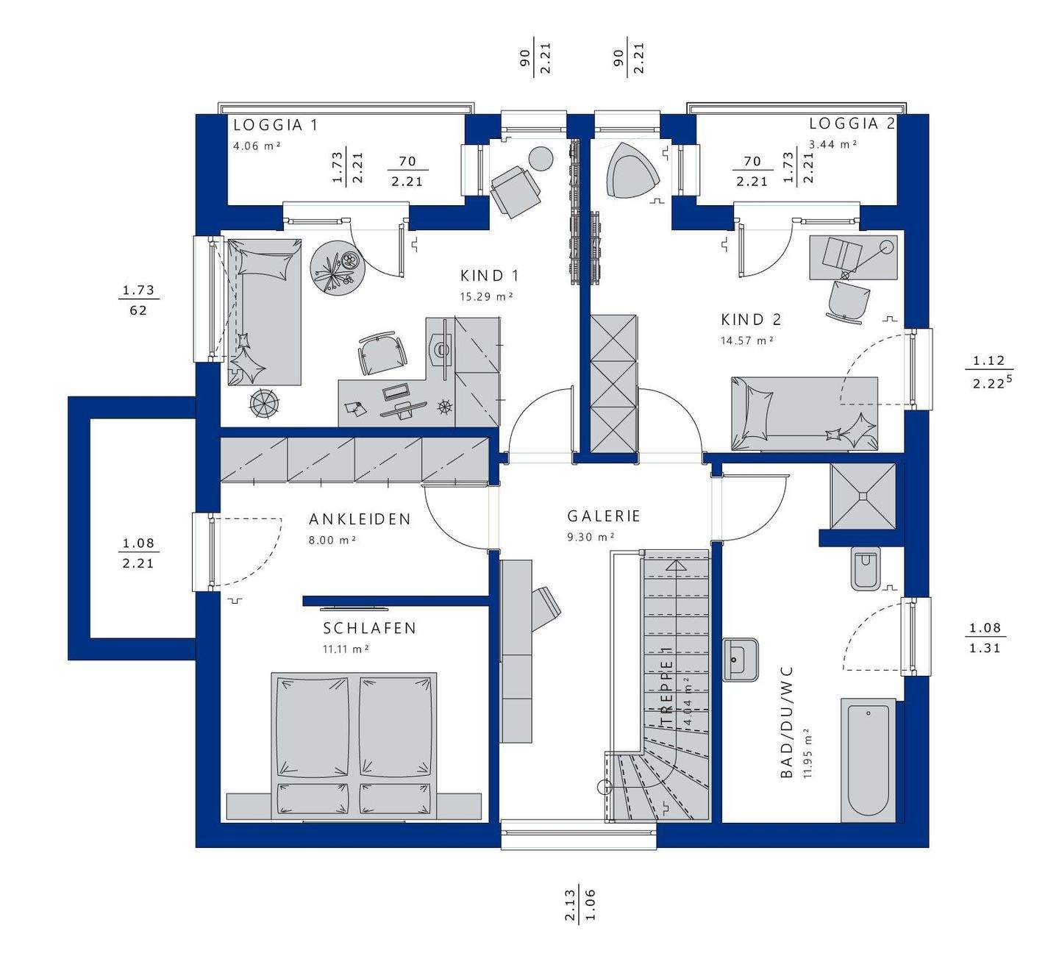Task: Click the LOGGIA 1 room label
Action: point(276,125)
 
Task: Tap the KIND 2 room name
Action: point(751,320)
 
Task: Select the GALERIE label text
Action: point(604,516)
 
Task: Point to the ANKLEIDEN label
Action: point(360,519)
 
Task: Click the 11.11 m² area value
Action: point(346,649)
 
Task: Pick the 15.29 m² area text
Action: point(487,296)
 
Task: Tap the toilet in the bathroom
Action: point(866,568)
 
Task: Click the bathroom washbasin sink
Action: point(740,660)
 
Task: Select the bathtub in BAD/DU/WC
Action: point(868,760)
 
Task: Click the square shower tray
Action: point(863,496)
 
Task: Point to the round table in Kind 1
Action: point(338,268)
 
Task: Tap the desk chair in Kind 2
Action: point(848,301)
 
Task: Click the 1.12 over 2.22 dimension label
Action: point(989,372)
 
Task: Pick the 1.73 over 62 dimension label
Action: point(138,300)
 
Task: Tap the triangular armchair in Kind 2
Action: point(632,170)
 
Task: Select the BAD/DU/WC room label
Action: point(787,722)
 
